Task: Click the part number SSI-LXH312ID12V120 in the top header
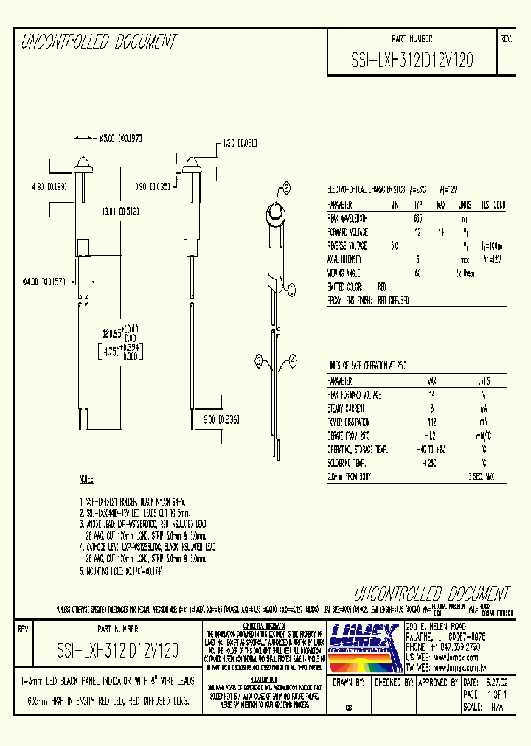point(412,62)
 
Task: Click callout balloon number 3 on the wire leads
point(259,360)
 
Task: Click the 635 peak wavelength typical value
point(418,218)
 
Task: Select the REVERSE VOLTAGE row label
point(347,246)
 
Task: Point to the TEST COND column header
point(493,204)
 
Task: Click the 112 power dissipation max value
point(431,422)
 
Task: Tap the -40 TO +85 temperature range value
point(431,450)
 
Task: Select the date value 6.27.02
point(496,683)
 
